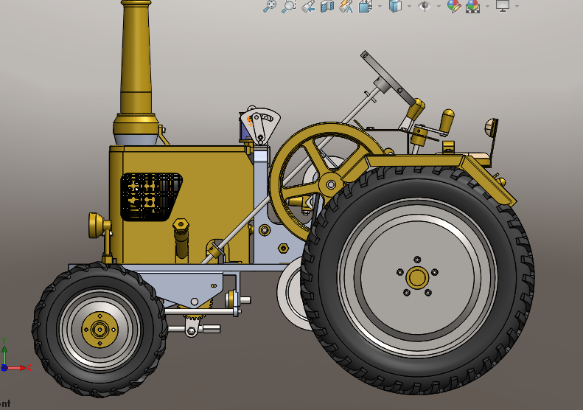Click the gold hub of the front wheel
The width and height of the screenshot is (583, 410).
[x=97, y=327]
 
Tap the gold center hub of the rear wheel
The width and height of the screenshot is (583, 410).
[x=417, y=277]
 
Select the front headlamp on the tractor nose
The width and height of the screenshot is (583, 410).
[x=95, y=225]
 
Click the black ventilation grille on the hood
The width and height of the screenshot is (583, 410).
[x=151, y=196]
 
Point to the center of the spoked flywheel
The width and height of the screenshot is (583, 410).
[x=330, y=184]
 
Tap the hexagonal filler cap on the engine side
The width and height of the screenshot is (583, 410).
[x=181, y=224]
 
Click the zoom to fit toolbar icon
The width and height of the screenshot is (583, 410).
[x=270, y=7]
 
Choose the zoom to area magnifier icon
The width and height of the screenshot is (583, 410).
[x=288, y=7]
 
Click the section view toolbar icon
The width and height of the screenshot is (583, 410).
[x=327, y=7]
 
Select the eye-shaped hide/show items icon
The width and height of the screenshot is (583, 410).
[x=424, y=7]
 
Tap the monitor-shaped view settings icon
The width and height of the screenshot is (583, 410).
[x=503, y=7]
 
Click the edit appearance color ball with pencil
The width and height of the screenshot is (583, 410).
[x=453, y=7]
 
